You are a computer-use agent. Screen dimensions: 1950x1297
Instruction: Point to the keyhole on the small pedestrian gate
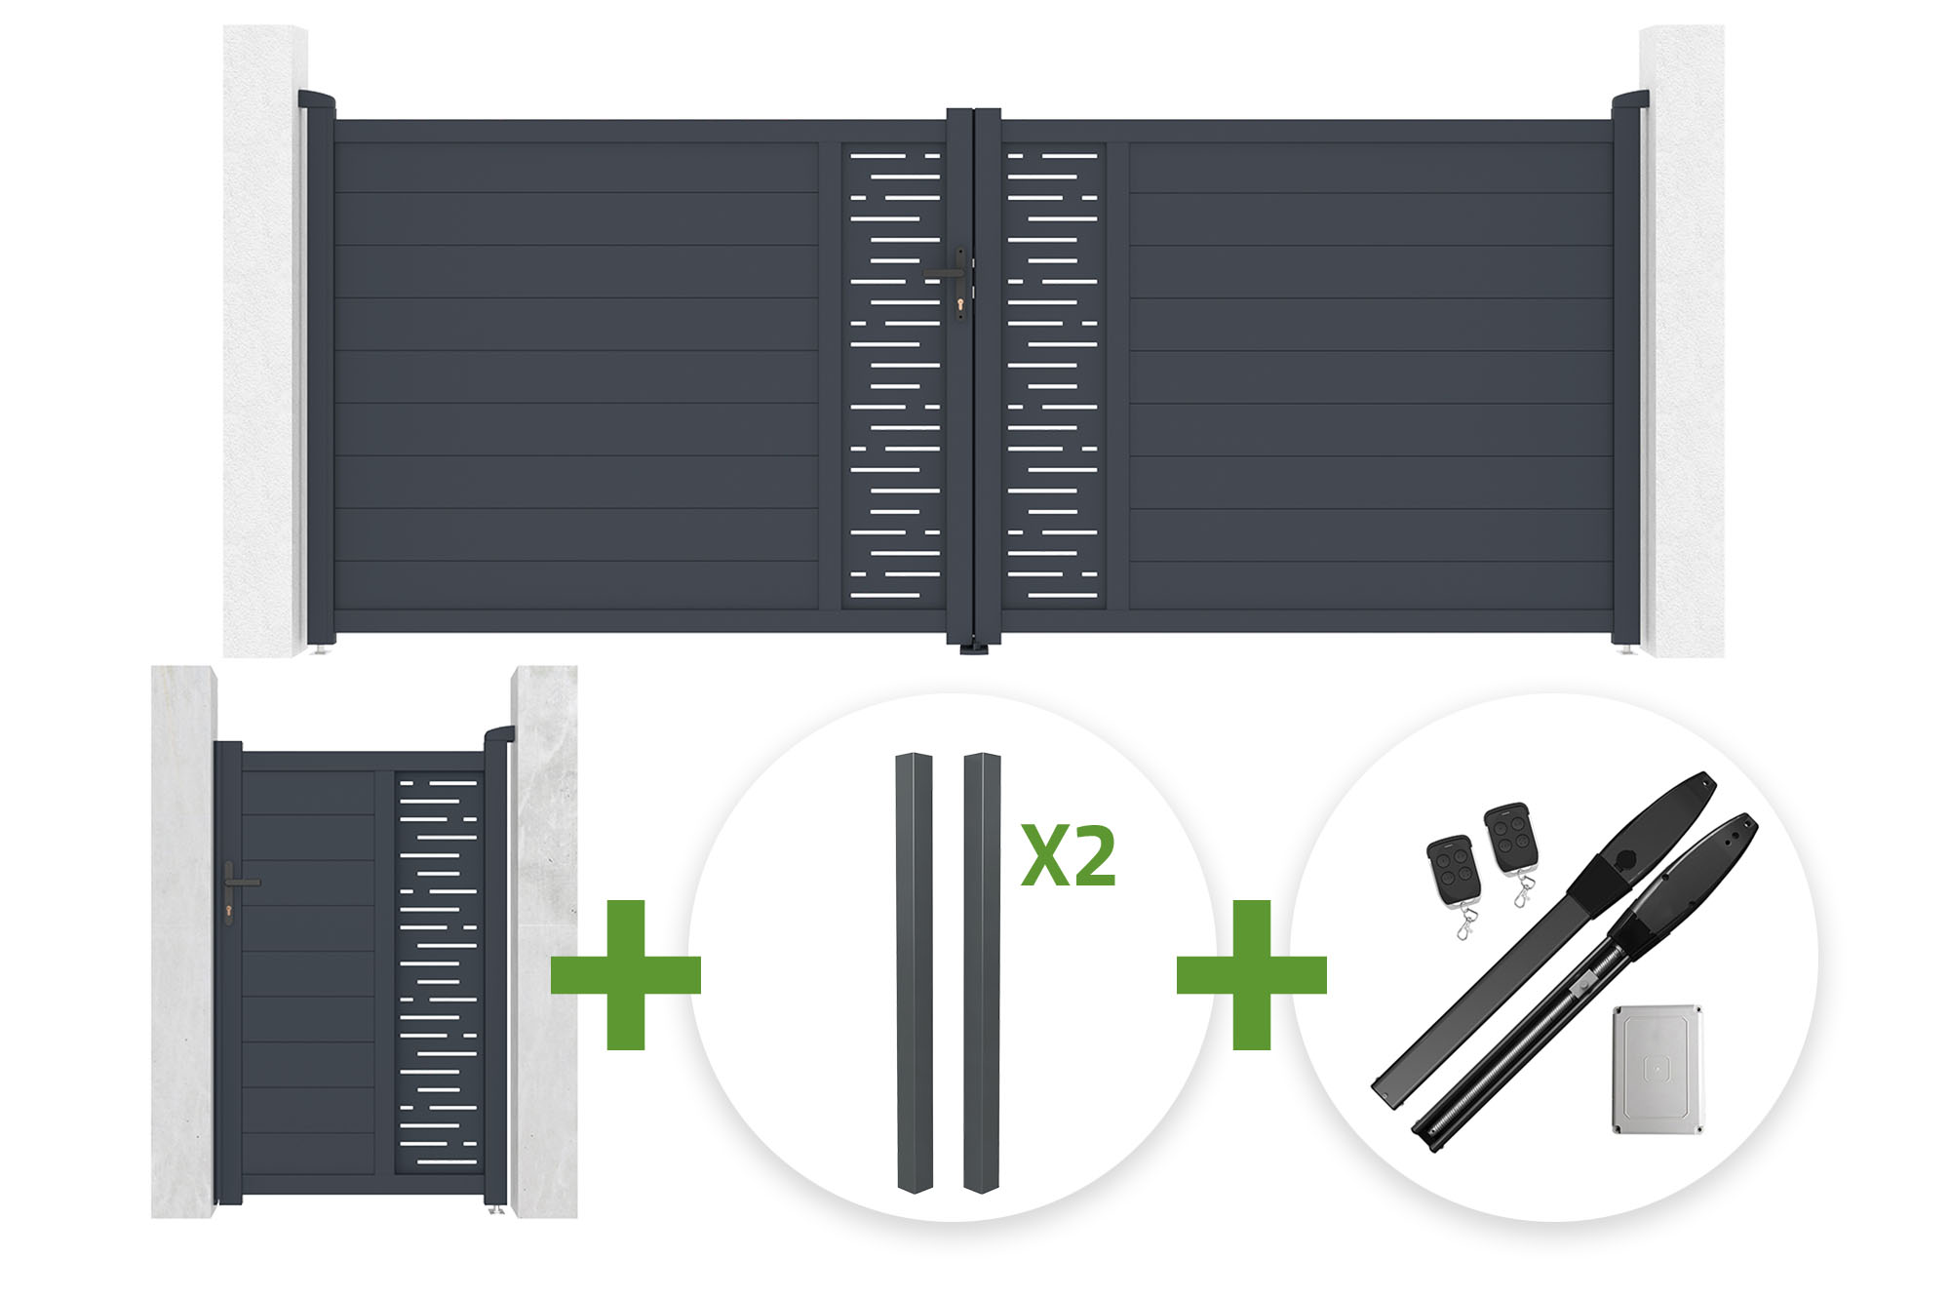click(x=229, y=913)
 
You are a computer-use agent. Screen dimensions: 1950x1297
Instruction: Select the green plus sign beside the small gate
click(x=626, y=975)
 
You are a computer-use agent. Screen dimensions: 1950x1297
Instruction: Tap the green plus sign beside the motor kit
click(x=1252, y=975)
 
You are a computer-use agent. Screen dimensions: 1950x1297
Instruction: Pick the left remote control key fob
click(x=1453, y=870)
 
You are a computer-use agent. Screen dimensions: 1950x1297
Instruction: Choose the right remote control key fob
click(x=1510, y=838)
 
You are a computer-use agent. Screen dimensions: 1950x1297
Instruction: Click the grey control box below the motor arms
click(x=1657, y=1070)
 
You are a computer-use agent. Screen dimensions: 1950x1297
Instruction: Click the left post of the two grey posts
click(x=915, y=972)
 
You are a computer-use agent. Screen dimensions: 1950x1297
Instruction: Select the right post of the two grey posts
click(x=982, y=972)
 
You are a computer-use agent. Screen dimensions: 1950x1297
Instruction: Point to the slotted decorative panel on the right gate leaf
click(x=1053, y=375)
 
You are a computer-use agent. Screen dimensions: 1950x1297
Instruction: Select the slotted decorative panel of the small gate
click(x=439, y=973)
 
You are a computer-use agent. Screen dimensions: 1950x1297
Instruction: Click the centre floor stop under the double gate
click(x=974, y=648)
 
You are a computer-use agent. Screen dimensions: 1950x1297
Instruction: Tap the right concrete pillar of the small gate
click(x=544, y=942)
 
